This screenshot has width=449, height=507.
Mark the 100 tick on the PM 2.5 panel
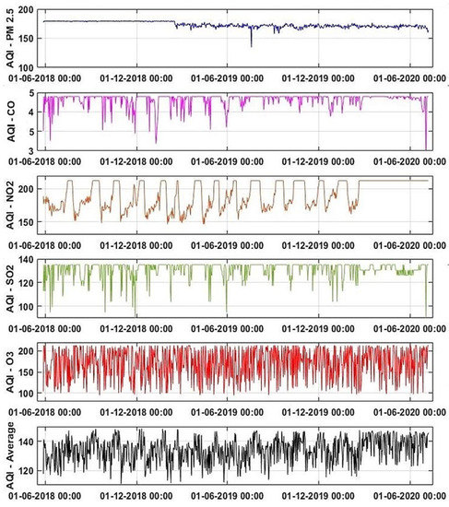pos(30,68)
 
